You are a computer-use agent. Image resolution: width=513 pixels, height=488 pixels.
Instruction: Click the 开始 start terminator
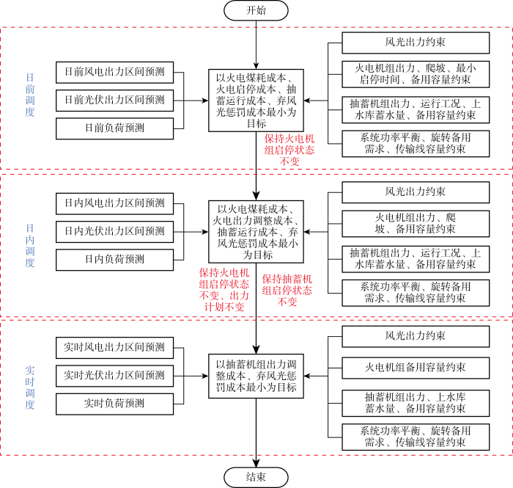[256, 10]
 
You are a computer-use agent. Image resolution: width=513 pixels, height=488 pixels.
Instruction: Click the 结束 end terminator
[256, 477]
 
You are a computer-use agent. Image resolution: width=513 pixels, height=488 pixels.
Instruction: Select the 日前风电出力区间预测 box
[114, 72]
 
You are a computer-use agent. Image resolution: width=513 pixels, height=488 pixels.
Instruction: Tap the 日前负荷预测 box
[114, 128]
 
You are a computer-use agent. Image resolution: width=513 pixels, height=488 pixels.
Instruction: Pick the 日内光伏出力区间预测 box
[114, 232]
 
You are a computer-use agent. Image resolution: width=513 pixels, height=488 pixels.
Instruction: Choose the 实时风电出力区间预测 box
[114, 348]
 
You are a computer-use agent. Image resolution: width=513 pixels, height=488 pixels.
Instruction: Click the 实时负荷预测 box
[114, 404]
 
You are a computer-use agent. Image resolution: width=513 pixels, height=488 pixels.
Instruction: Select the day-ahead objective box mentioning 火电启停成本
[256, 101]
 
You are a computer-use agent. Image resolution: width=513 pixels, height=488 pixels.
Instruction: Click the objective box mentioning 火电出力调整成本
[256, 232]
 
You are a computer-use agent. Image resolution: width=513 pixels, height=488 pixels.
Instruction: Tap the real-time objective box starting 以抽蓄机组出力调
[256, 376]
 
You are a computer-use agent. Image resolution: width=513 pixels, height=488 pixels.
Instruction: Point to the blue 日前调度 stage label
[30, 95]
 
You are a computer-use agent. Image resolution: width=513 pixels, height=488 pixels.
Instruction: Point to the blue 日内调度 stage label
[30, 246]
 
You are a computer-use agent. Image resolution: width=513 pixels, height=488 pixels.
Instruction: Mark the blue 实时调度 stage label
[30, 387]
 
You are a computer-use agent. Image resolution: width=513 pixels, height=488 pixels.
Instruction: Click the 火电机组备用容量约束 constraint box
[416, 368]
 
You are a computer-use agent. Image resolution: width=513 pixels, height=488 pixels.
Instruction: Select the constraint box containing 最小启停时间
[416, 74]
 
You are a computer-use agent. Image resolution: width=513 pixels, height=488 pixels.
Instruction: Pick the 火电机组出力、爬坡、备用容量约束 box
[416, 223]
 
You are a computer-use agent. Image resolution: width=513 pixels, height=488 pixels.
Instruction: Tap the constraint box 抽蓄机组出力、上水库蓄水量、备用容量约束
[416, 403]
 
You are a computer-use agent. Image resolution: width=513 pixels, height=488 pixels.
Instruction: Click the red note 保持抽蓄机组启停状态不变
[287, 290]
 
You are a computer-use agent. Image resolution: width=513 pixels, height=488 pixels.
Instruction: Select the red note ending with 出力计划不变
[224, 290]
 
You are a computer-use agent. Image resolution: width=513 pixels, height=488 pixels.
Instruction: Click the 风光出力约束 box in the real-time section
[416, 336]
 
